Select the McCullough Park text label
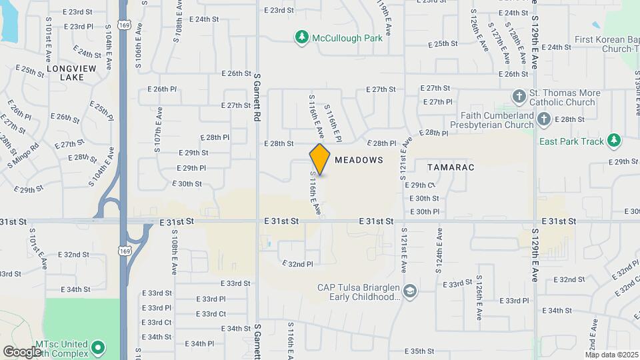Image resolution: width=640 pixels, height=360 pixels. point(347,38)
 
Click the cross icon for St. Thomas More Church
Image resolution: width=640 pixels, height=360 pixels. point(519,97)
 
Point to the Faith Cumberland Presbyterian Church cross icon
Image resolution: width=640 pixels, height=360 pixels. point(544,119)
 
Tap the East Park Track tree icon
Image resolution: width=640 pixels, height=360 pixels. point(614,141)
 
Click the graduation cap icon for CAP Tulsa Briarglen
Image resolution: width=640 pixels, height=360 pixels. point(410,291)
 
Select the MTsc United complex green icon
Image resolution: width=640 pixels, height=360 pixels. point(98,347)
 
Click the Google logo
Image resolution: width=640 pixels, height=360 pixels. point(22,351)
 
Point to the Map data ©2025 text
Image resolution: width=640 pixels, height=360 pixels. point(611,354)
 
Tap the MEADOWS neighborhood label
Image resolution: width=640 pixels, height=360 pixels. point(359,160)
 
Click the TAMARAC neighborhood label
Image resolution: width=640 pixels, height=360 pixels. point(451,167)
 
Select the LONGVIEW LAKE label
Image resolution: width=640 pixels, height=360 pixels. point(71,73)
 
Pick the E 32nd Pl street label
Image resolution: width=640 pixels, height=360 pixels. point(297,264)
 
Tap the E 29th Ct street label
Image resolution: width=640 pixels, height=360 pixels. point(420,185)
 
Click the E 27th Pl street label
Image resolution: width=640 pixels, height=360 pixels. point(437,102)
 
